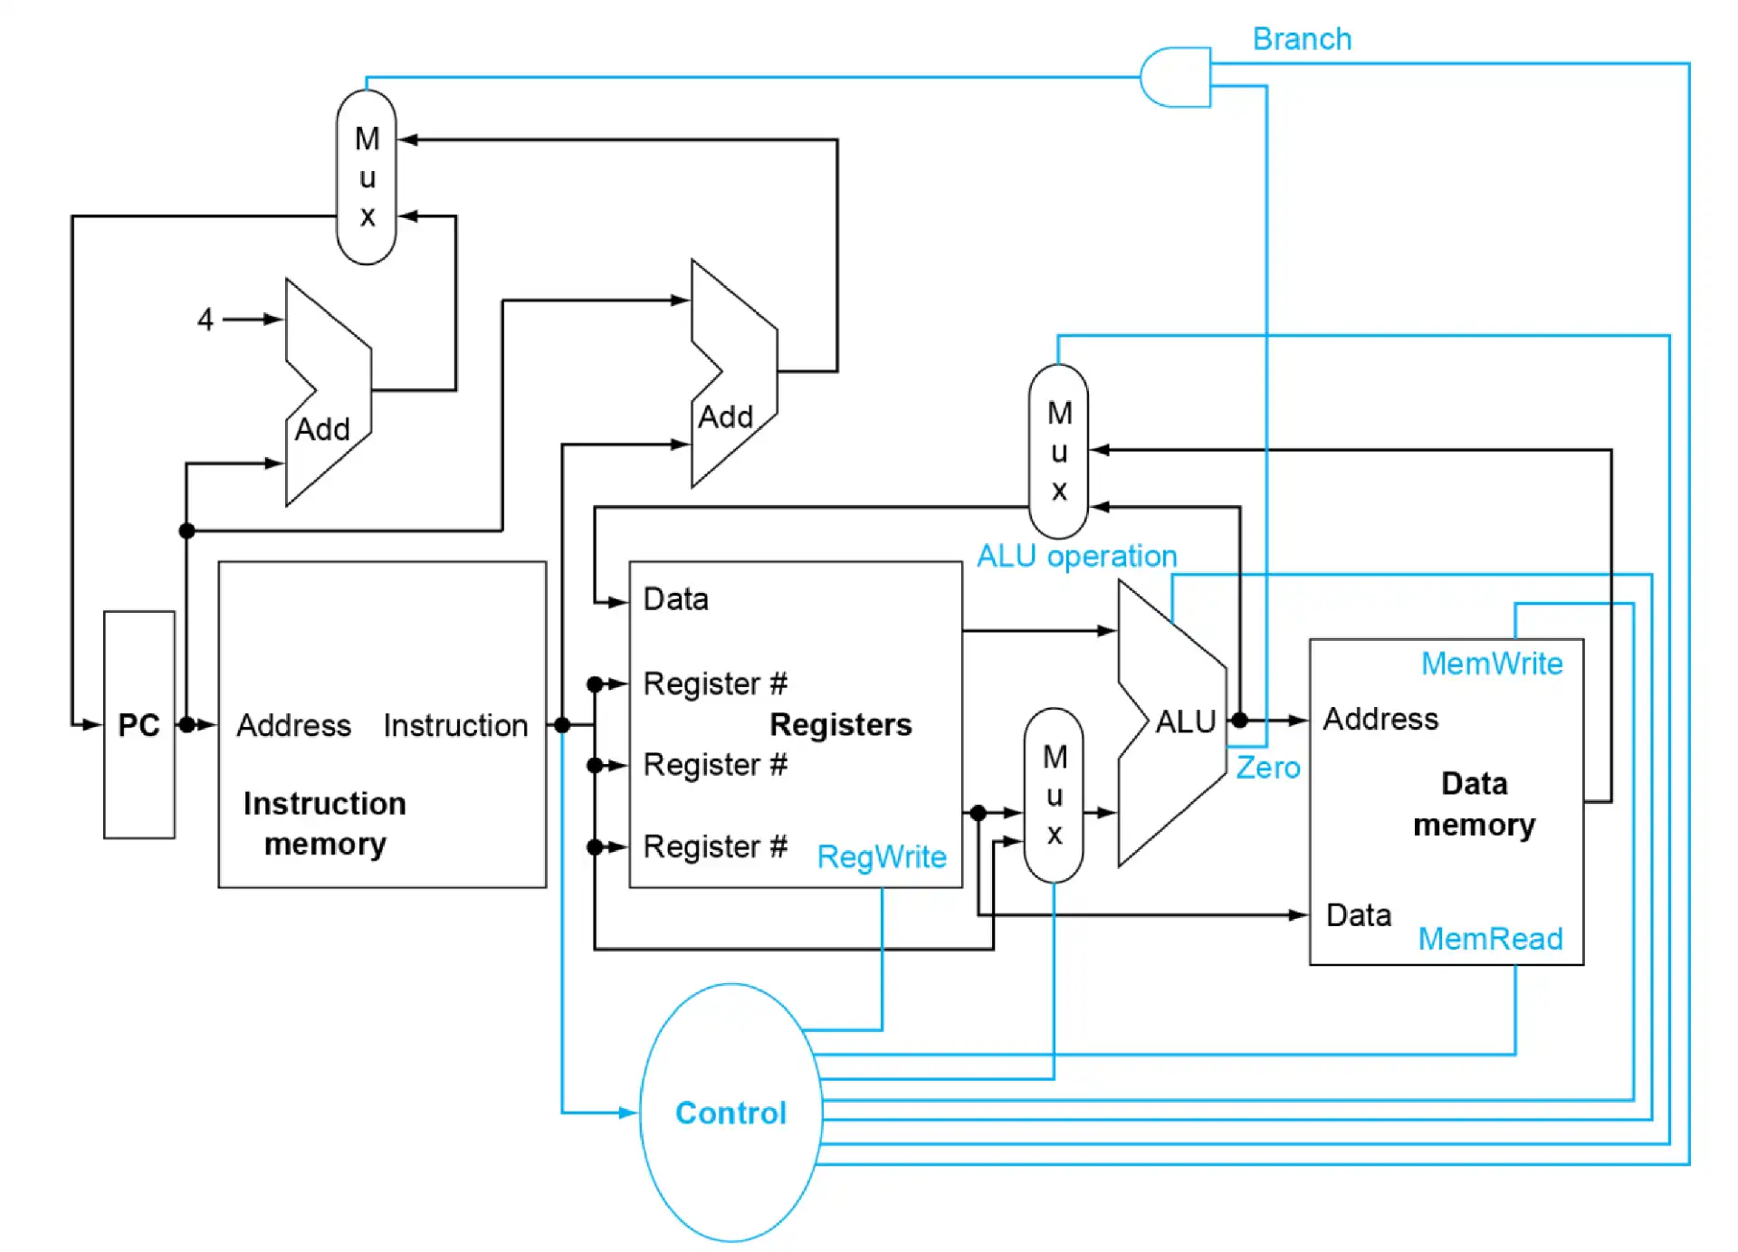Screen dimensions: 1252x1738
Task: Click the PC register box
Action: tap(138, 724)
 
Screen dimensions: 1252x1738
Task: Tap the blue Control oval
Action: tap(731, 1112)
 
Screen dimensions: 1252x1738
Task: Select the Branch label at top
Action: tap(1301, 39)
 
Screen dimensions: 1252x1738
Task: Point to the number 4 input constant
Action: tap(205, 319)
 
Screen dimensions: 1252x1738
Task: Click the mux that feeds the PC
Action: tap(366, 177)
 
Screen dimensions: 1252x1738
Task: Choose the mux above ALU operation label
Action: tap(1058, 451)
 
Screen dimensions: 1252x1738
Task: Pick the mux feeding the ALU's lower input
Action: tap(1053, 795)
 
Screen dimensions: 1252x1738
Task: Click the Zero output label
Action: tap(1267, 768)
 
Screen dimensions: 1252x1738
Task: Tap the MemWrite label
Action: tap(1491, 664)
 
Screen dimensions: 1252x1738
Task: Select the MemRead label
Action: tap(1489, 939)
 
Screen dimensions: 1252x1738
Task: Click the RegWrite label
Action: tap(881, 856)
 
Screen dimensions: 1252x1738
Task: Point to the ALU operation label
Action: tap(1076, 556)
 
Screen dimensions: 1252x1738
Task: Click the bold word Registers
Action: tap(840, 724)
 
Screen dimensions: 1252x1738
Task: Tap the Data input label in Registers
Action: tap(675, 599)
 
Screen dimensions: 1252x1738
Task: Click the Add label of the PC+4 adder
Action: tap(322, 429)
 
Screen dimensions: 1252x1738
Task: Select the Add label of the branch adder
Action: tap(725, 417)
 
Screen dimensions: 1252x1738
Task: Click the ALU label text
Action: tap(1185, 722)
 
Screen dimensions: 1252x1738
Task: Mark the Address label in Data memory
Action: tap(1380, 719)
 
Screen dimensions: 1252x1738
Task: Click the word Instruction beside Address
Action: tap(455, 725)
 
